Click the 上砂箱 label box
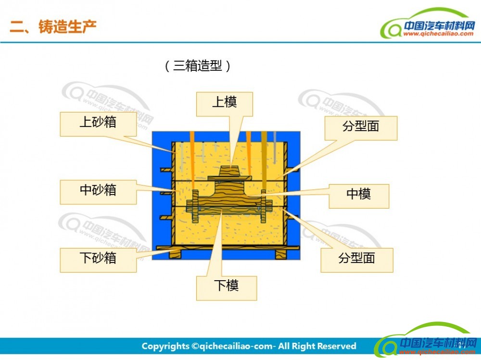click(98, 124)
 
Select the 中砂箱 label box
click(98, 192)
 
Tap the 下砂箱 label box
click(98, 260)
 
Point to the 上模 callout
click(225, 104)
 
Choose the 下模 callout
click(227, 288)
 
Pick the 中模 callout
click(359, 196)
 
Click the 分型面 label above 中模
click(361, 128)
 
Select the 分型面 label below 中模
click(357, 261)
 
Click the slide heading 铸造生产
click(67, 26)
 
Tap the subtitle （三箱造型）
click(198, 66)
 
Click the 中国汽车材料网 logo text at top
click(439, 26)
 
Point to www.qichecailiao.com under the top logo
click(438, 34)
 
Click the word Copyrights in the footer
click(165, 347)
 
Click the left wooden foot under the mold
click(176, 254)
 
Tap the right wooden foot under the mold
click(281, 254)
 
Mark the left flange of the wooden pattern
click(195, 206)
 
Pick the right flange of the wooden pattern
click(263, 206)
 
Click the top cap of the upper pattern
click(230, 171)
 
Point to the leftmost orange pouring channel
click(192, 161)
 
